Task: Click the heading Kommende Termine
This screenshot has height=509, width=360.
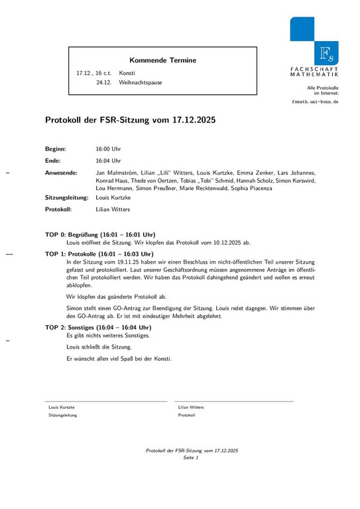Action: (162, 60)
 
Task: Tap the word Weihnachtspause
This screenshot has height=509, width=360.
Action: (141, 83)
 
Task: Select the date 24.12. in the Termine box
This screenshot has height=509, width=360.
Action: (103, 83)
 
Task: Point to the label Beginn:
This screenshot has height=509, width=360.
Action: (56, 149)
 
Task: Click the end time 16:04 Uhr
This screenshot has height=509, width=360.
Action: (109, 160)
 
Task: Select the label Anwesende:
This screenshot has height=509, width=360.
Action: (62, 172)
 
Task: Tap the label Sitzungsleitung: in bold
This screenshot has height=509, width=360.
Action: (66, 198)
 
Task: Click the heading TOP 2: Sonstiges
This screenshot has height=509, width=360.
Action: (98, 327)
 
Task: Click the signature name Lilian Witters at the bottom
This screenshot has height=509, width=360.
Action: (191, 407)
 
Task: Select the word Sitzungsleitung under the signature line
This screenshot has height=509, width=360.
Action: (63, 415)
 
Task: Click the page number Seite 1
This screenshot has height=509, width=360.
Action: (192, 457)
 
